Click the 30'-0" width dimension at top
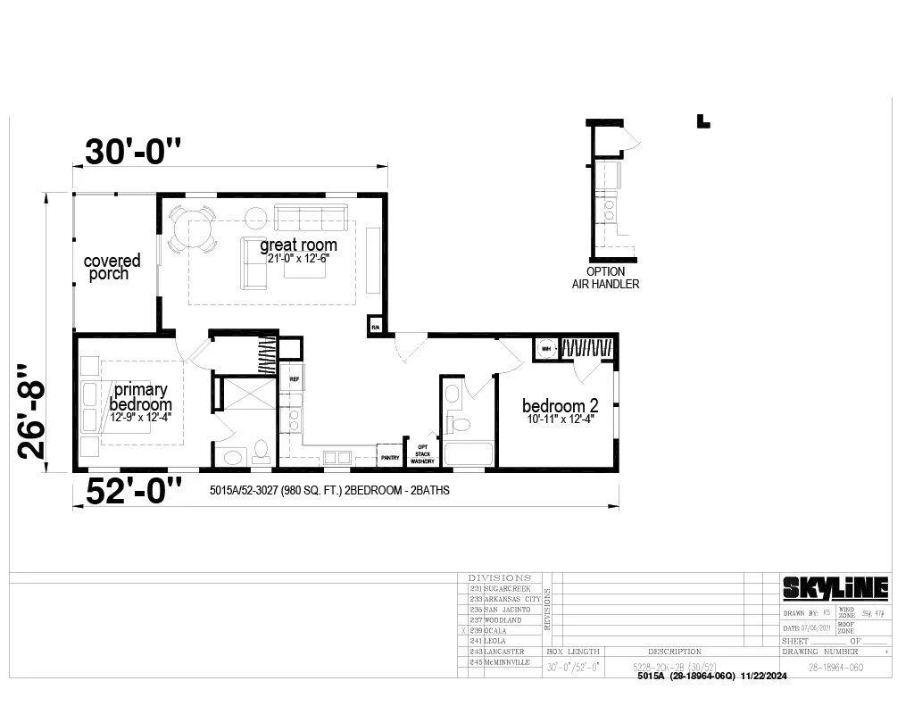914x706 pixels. tap(132, 152)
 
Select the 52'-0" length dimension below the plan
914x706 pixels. tap(134, 491)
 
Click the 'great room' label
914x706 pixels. tap(298, 245)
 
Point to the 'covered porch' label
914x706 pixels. tap(112, 267)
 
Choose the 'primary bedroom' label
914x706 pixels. tap(139, 397)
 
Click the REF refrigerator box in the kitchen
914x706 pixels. tap(293, 378)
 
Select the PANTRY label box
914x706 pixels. tap(389, 457)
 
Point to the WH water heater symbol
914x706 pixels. tap(545, 348)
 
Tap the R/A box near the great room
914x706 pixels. tap(376, 328)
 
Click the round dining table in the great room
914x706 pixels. tap(193, 228)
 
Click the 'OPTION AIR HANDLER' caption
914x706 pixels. tap(605, 278)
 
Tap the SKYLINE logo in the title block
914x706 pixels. tap(835, 587)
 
